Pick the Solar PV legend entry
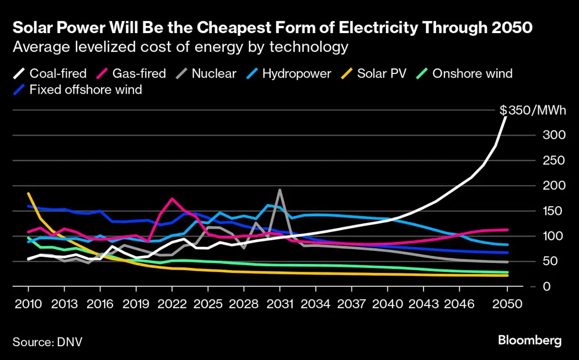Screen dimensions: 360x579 tap(375, 73)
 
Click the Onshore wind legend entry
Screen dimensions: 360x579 tap(465, 73)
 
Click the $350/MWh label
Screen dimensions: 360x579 tap(533, 110)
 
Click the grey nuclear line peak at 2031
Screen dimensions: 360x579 tap(280, 190)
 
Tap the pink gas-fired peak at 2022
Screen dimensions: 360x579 tap(172, 199)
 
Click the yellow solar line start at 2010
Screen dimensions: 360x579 tap(28, 194)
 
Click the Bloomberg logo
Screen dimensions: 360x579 tap(529, 340)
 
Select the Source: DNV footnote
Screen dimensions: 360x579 tap(47, 341)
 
